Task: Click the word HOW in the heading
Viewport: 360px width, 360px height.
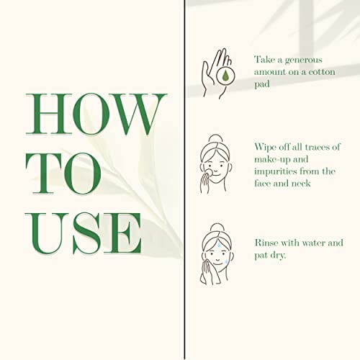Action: click(x=96, y=114)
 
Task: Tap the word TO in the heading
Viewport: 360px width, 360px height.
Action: click(x=63, y=174)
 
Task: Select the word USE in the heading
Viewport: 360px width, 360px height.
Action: click(x=84, y=233)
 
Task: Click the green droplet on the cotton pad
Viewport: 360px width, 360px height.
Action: click(x=225, y=76)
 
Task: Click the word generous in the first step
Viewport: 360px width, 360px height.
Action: click(x=303, y=60)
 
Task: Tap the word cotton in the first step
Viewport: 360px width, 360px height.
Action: click(x=322, y=72)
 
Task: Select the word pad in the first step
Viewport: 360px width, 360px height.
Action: click(x=262, y=84)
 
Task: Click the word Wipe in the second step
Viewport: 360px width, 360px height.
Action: click(x=266, y=148)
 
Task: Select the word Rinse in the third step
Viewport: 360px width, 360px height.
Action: click(x=266, y=243)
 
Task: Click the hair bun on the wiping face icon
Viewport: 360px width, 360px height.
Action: click(x=215, y=138)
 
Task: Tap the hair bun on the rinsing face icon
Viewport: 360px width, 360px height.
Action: click(x=217, y=228)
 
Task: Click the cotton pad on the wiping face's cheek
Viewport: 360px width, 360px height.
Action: click(x=210, y=172)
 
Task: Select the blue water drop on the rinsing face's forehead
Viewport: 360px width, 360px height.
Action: click(x=220, y=245)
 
